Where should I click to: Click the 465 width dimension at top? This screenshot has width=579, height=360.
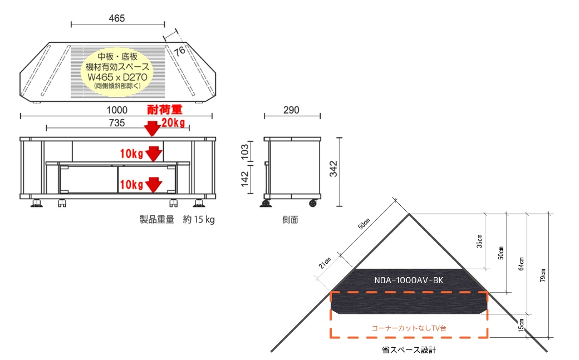coord(117,18)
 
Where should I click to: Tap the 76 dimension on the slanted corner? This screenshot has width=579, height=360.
coord(179,51)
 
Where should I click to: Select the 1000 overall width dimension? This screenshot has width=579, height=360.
coord(117,110)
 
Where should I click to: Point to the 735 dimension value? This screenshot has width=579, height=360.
coord(117,122)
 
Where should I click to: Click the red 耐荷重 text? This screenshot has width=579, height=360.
coord(165,110)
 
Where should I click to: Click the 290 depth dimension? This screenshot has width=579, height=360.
coord(291,110)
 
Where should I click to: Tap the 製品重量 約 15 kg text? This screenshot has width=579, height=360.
coord(176,219)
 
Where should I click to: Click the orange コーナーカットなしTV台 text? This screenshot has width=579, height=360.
coord(409,328)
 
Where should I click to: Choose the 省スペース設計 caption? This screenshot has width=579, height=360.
coord(409,351)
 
